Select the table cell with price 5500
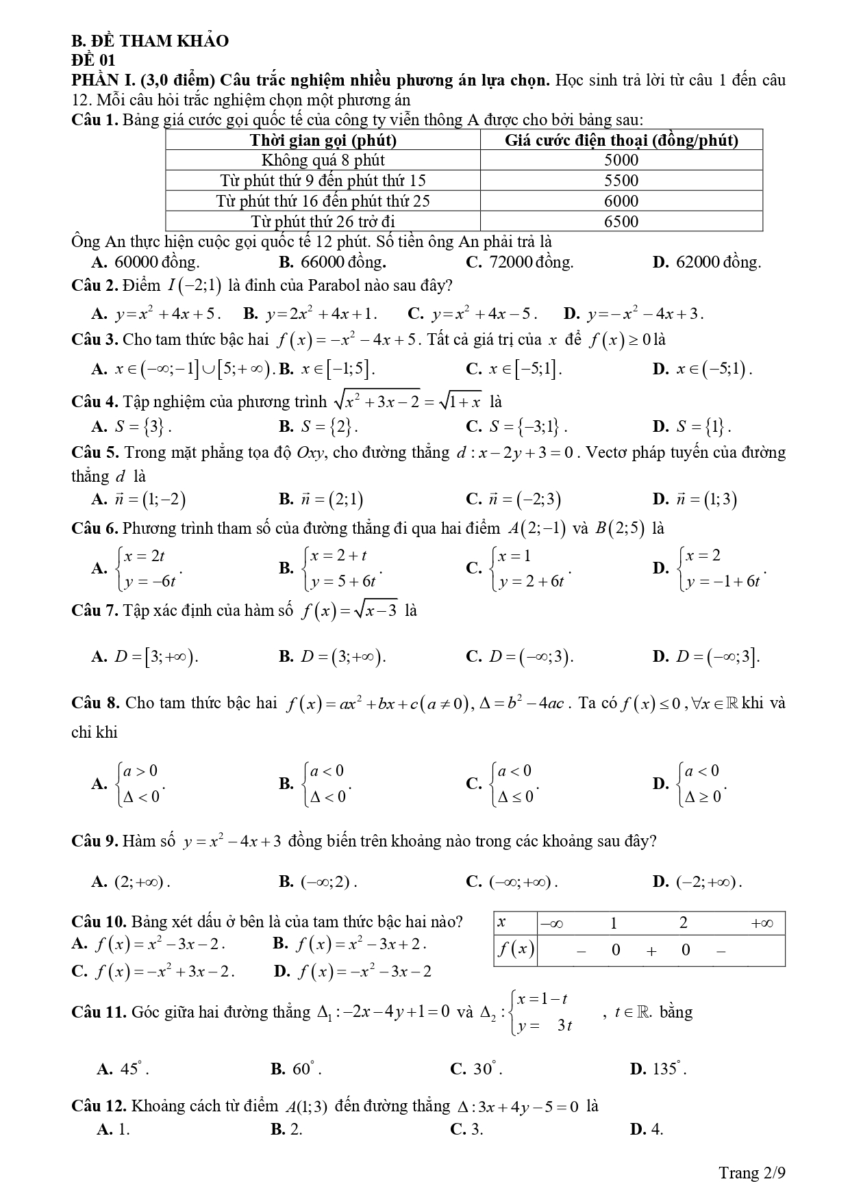621,181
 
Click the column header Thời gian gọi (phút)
323,141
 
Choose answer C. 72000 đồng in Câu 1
519,262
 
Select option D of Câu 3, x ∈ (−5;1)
703,370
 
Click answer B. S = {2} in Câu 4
318,427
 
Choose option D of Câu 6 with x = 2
710,568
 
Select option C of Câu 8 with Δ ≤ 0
503,784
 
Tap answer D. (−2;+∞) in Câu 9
697,881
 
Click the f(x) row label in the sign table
515,949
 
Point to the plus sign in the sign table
651,950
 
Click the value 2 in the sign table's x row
683,923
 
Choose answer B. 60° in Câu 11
296,1069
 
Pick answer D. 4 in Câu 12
647,1129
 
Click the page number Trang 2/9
751,1173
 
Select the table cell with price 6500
621,222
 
